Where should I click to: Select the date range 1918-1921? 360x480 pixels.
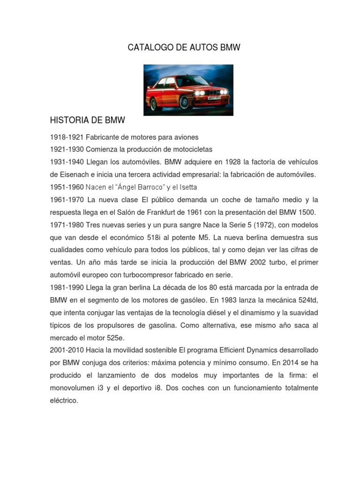pos(67,137)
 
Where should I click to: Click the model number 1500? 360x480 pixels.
pos(305,212)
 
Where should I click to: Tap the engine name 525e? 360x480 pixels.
pos(115,337)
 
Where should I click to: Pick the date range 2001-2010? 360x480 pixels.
pos(67,350)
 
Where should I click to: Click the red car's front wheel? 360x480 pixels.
pos(184,102)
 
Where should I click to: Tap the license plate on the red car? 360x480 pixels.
pos(215,98)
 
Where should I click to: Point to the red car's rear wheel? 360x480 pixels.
pos(153,104)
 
